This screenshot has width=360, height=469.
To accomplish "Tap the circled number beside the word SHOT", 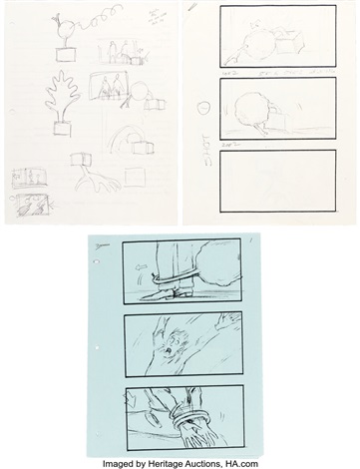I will coord(203,109).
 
